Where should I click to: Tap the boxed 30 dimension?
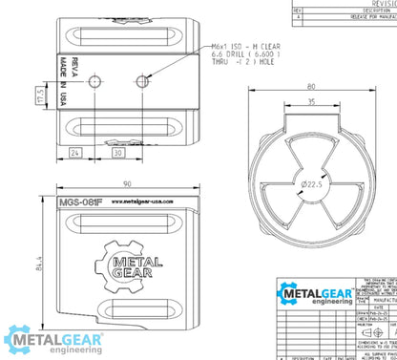(x=118, y=152)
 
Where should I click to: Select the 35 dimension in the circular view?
(x=311, y=104)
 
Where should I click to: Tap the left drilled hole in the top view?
(x=94, y=81)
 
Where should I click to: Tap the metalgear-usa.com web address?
(x=138, y=201)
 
